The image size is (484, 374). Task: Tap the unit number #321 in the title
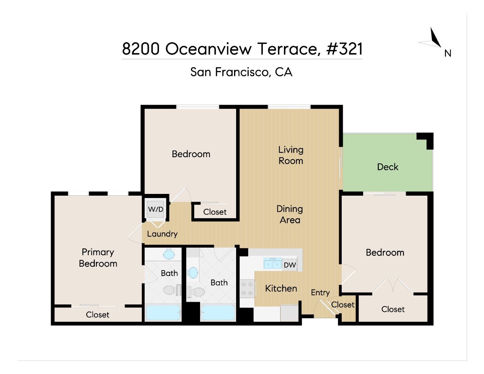coord(344,49)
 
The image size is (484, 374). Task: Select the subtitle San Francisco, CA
coord(241,72)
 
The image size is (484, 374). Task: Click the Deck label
coord(387,167)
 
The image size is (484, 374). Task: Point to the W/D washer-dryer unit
coord(155,210)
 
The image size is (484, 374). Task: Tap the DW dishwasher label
coord(290,265)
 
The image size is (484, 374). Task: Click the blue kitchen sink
coord(272,263)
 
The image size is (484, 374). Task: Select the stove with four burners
coord(248,289)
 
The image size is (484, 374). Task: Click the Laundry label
coord(162,234)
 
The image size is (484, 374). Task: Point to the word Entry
coord(320,293)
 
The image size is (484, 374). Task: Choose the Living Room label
coord(291,155)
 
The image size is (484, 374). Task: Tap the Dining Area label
coord(290,214)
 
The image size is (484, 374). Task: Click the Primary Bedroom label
coord(98,258)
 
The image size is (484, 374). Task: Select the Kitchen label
coord(281,288)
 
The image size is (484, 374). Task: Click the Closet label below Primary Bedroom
coord(97,314)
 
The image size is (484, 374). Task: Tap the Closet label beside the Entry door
coord(343,305)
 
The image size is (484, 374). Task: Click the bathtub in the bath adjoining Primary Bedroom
coord(163,313)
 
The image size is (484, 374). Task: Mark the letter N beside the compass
coord(448,53)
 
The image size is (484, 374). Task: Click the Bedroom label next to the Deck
coord(385,252)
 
